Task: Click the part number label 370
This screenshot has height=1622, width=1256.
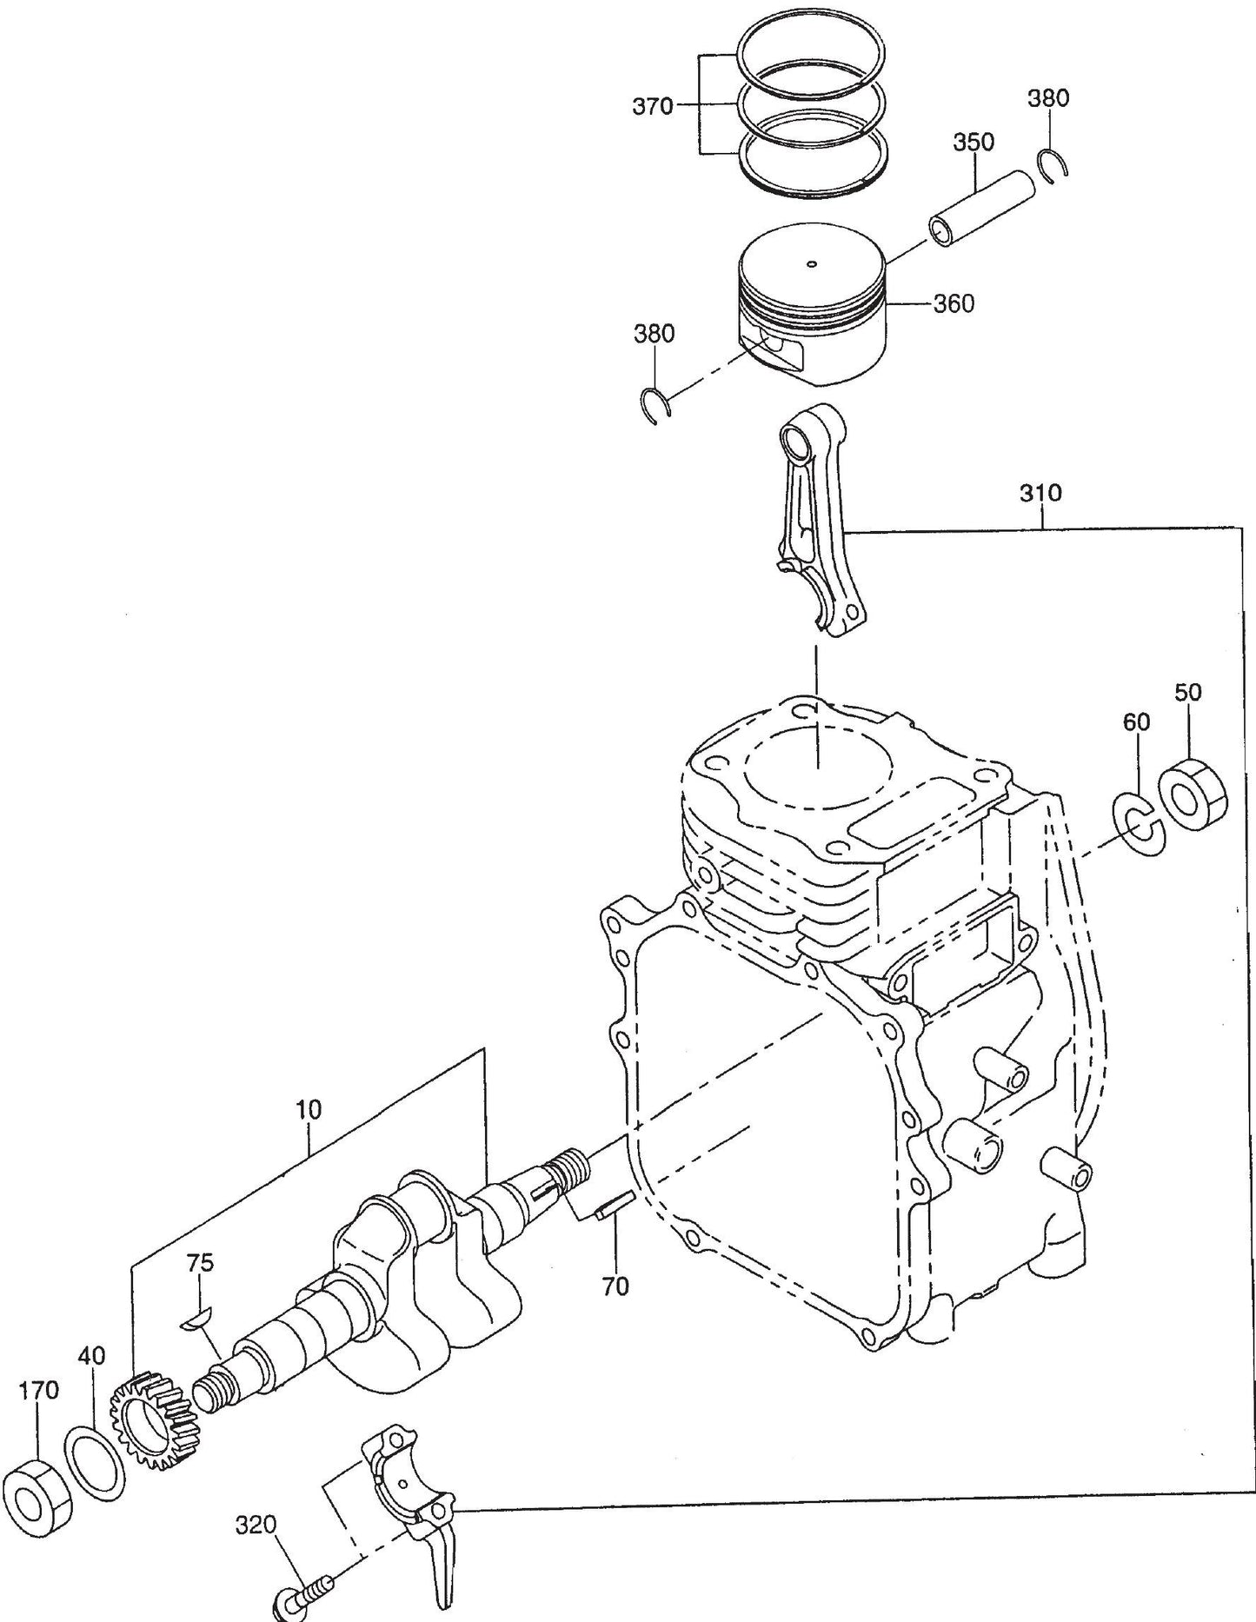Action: (653, 106)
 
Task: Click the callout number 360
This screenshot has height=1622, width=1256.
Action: (954, 304)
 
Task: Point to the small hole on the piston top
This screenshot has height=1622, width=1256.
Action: (812, 264)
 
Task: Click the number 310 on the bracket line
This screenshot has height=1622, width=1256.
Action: (1040, 494)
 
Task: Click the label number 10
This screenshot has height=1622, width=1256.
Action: (308, 1109)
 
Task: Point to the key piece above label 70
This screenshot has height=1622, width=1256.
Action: (612, 1204)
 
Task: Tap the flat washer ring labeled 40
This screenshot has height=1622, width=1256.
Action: (95, 1460)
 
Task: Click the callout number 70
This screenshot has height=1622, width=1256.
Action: (615, 1286)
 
